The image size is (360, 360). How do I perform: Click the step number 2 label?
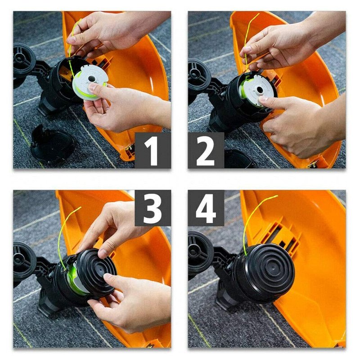point(206,151)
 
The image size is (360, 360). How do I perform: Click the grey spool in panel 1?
point(89,82)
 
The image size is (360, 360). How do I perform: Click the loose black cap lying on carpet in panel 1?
point(52,144)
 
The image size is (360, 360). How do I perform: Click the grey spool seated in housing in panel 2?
point(256,90)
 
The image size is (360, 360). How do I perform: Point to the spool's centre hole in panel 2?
point(260,90)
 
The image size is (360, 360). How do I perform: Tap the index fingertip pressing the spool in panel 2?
point(263,99)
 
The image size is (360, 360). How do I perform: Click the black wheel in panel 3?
point(24,260)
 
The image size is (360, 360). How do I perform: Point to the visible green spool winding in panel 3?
point(73,279)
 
